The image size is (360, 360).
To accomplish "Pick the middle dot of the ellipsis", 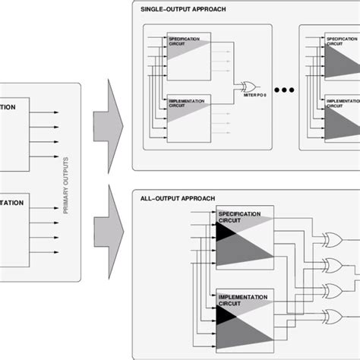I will click(x=278, y=90).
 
